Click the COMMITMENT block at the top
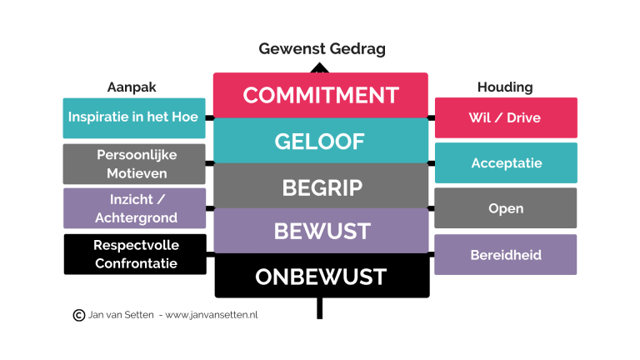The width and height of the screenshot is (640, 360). (x=321, y=95)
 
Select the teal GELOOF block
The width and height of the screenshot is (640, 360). (x=321, y=141)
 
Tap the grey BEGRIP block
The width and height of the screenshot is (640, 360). (x=321, y=186)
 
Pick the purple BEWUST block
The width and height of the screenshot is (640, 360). (x=321, y=231)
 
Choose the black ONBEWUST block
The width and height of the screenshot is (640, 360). (x=321, y=277)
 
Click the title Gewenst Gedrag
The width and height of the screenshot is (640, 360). (x=322, y=49)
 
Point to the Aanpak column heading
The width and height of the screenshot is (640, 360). (x=132, y=87)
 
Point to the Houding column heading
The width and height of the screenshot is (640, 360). (x=505, y=87)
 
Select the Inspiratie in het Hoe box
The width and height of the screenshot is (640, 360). (x=133, y=117)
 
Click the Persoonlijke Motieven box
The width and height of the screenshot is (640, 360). (x=133, y=164)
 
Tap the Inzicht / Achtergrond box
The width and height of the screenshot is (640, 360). (x=133, y=208)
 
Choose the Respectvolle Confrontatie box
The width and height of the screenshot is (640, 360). (x=133, y=254)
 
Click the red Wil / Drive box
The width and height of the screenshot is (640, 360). (x=505, y=117)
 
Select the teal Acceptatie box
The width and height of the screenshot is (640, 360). (x=505, y=163)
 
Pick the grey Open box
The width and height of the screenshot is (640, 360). (x=505, y=208)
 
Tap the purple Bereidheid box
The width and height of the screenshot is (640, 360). (x=505, y=254)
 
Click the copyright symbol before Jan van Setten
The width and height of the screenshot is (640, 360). (x=79, y=315)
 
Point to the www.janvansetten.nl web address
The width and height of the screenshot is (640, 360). (x=212, y=315)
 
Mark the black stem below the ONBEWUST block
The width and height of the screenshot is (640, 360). (x=319, y=308)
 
